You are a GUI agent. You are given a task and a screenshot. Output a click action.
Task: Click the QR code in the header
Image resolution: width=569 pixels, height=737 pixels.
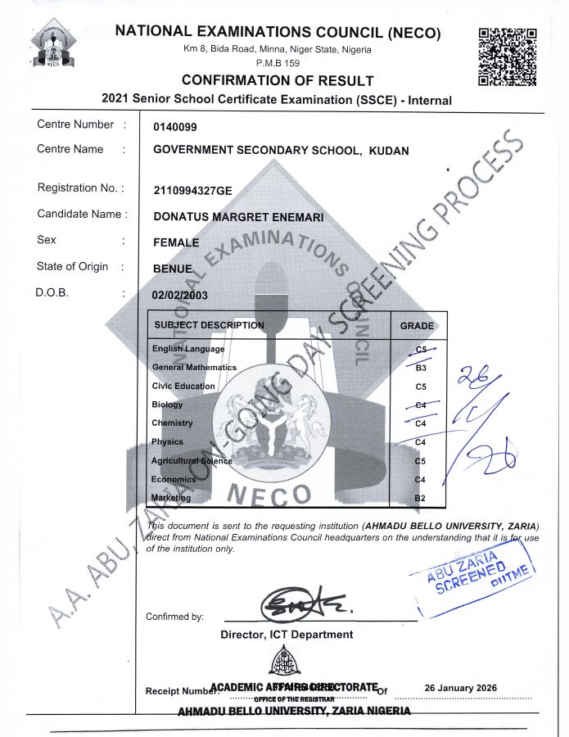click(507, 57)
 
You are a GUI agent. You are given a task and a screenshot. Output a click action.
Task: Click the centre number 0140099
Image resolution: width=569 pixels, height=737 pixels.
click(175, 127)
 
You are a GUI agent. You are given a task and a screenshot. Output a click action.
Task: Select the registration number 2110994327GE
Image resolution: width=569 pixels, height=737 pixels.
click(193, 190)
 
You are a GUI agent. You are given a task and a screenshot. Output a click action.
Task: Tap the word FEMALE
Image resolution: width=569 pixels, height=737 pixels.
click(176, 242)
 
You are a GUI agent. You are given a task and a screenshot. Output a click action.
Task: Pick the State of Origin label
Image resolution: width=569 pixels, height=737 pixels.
click(72, 266)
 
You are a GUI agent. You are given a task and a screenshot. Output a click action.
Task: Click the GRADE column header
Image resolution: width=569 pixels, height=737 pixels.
click(417, 326)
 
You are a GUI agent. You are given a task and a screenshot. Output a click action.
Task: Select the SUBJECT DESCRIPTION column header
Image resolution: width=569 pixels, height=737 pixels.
click(210, 325)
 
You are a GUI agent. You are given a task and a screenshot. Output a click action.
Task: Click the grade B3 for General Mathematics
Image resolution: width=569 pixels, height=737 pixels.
click(421, 368)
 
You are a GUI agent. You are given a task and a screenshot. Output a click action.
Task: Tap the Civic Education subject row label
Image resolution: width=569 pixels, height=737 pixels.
click(183, 386)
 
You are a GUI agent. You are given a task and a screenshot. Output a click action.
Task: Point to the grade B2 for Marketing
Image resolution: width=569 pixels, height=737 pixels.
click(421, 498)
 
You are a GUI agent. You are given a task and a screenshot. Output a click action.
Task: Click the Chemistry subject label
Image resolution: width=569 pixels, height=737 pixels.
click(172, 423)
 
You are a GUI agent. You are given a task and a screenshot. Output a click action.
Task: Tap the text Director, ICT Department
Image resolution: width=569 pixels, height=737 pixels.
click(287, 635)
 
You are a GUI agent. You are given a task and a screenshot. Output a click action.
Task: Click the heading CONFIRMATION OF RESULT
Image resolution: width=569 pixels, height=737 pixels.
click(278, 80)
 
